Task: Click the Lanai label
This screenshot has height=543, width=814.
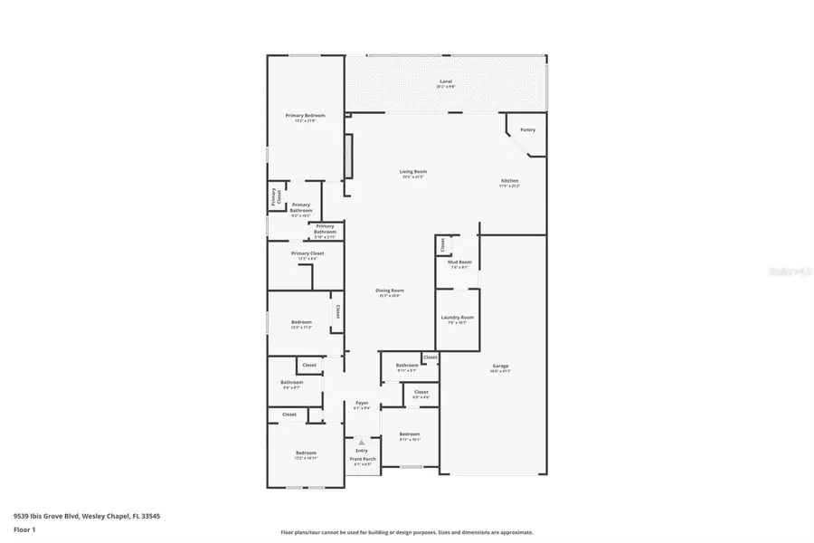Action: [x=445, y=81]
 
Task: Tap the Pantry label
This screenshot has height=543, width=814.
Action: [x=527, y=129]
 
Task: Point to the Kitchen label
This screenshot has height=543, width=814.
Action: [x=510, y=181]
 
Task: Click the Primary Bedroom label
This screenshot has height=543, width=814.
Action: [x=305, y=116]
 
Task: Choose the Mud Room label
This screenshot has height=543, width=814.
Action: [x=459, y=262]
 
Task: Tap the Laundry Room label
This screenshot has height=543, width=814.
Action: [x=457, y=317]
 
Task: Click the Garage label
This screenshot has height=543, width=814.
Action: [x=500, y=366]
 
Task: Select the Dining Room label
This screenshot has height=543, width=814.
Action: [x=389, y=291]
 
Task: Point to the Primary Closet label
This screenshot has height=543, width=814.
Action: [x=308, y=253]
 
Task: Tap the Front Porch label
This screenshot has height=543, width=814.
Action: [x=362, y=460]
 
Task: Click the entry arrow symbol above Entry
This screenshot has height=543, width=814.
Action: [x=362, y=442]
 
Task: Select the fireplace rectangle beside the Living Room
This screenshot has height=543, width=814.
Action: [x=348, y=157]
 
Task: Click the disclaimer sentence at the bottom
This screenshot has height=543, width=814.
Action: [x=407, y=532]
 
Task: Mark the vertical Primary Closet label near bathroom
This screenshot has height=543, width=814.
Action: [x=279, y=195]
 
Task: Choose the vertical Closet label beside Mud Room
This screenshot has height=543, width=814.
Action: [x=442, y=244]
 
